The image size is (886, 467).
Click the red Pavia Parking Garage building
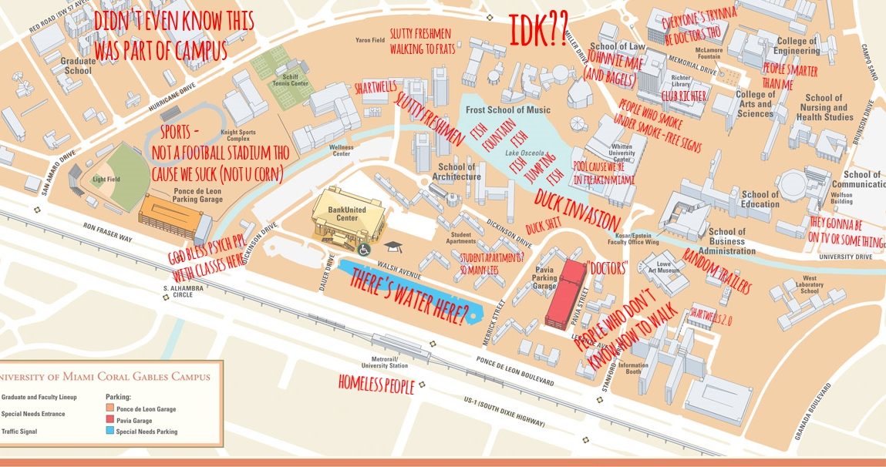564,293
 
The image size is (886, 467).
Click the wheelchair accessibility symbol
365,249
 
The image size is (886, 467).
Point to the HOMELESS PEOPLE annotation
376,384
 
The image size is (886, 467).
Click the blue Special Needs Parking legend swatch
109,432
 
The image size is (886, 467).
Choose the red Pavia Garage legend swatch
109,420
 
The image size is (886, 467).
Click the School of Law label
613,47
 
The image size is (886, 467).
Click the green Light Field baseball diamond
112,177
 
